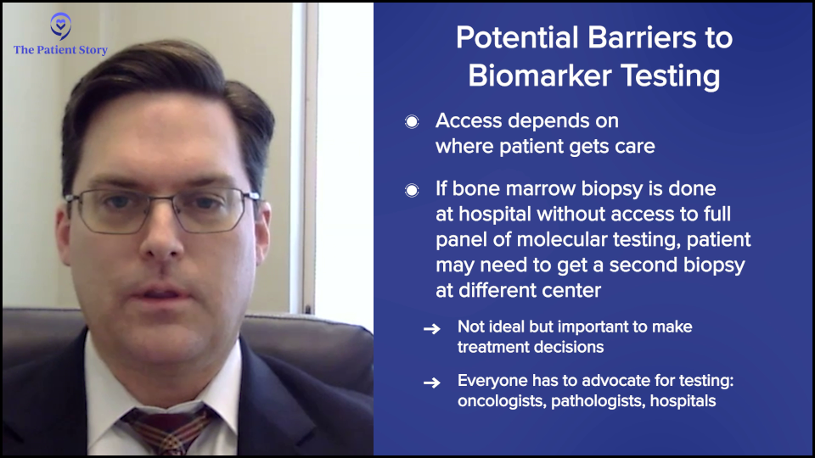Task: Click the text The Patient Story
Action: [60, 50]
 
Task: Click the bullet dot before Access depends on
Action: [412, 121]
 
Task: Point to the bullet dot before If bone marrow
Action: [412, 190]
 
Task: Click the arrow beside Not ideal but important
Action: [432, 329]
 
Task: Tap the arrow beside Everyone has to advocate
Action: [432, 383]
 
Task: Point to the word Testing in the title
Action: [671, 76]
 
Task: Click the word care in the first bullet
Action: [635, 147]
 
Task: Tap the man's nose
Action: [161, 239]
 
